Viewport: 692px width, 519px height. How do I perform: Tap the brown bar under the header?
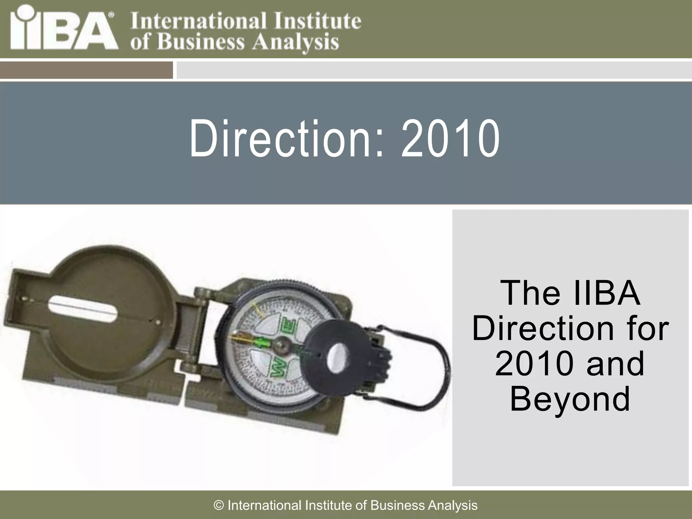(86, 70)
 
